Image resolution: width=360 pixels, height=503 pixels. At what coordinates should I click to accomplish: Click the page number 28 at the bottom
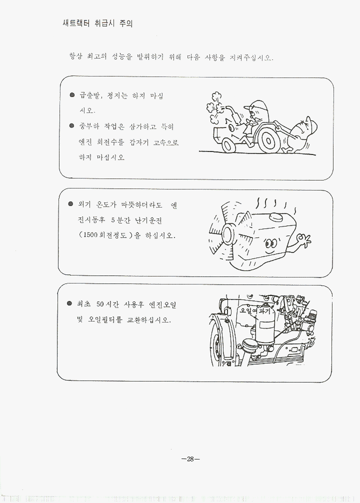[x=190, y=459]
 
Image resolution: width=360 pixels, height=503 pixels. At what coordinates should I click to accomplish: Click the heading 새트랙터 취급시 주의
[x=97, y=23]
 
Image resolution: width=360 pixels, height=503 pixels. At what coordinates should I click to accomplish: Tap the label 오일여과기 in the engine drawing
[x=257, y=310]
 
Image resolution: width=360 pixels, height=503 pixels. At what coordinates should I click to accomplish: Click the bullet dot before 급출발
[x=72, y=95]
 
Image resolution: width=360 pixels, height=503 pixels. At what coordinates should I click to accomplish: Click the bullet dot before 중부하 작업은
[x=71, y=125]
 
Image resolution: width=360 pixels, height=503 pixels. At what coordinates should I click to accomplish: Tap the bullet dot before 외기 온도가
[x=70, y=204]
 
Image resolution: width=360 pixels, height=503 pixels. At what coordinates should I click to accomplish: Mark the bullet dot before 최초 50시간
[x=69, y=303]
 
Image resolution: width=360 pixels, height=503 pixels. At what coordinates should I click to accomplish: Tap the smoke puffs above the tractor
[x=215, y=106]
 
